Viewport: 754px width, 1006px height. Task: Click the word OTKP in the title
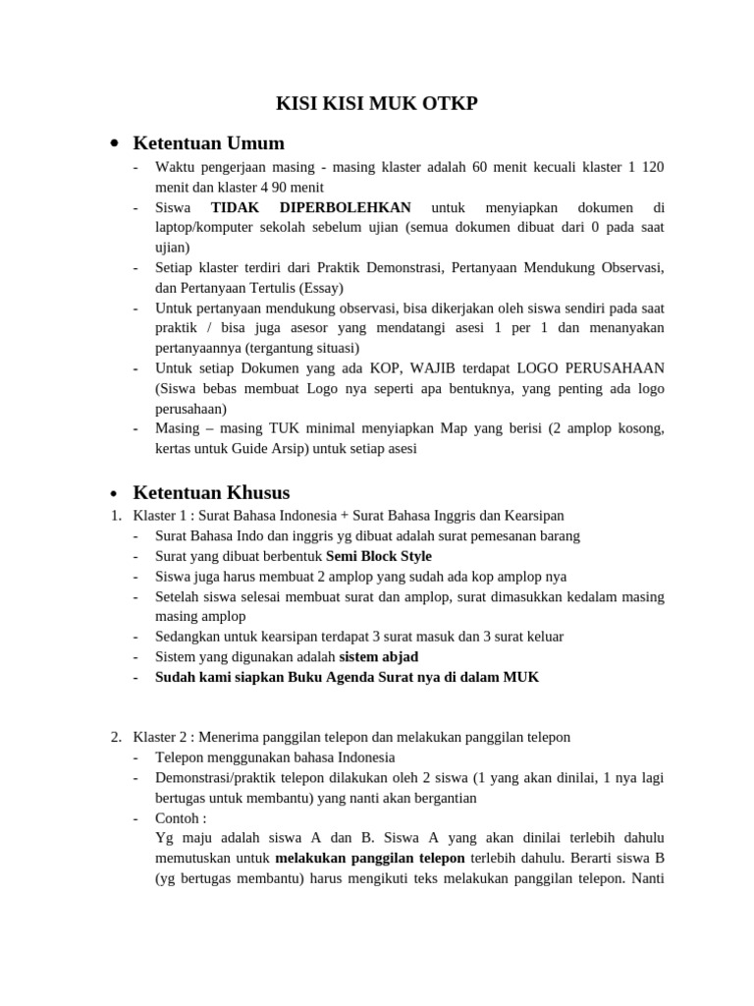tap(449, 103)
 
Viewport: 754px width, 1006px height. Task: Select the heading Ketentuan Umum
tap(208, 143)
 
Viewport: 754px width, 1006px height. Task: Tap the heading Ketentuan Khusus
tap(211, 492)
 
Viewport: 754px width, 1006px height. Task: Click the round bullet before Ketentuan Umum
tap(115, 144)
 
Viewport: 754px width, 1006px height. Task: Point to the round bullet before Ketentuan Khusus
tap(115, 493)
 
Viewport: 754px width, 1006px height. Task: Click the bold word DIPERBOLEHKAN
tap(345, 207)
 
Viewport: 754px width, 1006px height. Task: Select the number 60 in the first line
tap(479, 167)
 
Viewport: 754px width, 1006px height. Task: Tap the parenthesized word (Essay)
tap(311, 288)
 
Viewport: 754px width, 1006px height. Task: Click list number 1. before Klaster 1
tap(115, 516)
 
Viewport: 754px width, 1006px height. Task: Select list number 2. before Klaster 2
tap(115, 737)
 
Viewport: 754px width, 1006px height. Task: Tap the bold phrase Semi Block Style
tap(378, 556)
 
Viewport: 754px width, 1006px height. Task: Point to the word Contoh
tap(178, 817)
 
